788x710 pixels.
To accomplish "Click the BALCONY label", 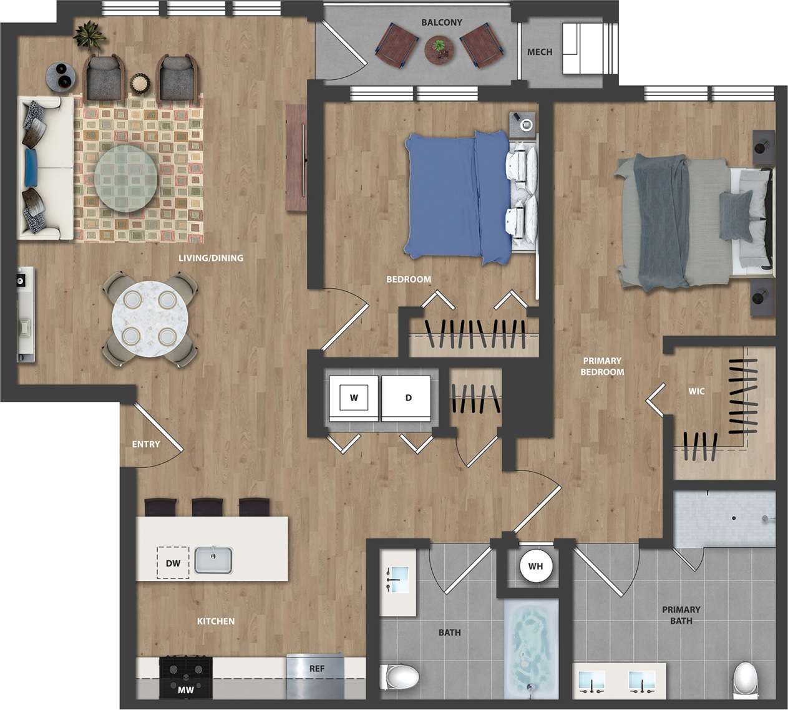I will pos(442,22).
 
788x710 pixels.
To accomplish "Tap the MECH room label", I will pos(540,52).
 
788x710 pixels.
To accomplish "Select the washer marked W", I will pos(354,397).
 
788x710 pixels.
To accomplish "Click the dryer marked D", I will pos(408,397).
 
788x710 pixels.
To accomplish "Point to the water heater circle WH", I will pos(535,567).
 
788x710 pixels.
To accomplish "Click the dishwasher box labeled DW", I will pos(173,563).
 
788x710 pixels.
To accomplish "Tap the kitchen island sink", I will pos(213,560).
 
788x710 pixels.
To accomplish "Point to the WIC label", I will pos(696,391).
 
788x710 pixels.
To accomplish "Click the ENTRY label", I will pos(146,444).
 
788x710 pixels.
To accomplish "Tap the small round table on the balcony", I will pos(440,49).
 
